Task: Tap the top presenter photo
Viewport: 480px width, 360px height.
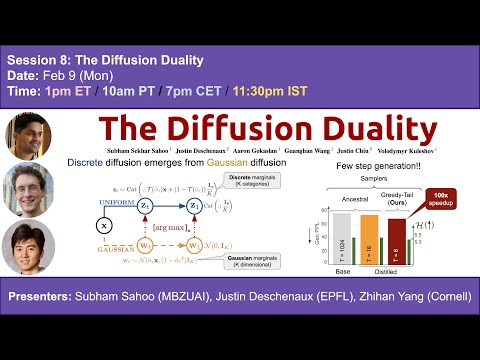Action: [28, 135]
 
